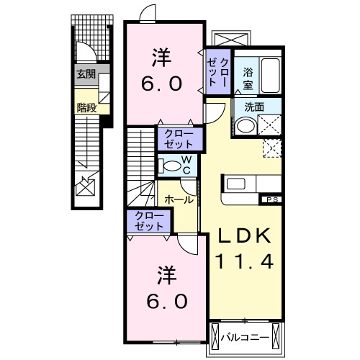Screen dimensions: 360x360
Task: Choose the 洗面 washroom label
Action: click(254, 107)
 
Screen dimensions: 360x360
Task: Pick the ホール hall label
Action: click(179, 199)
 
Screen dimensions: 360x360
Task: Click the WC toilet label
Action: click(185, 163)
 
